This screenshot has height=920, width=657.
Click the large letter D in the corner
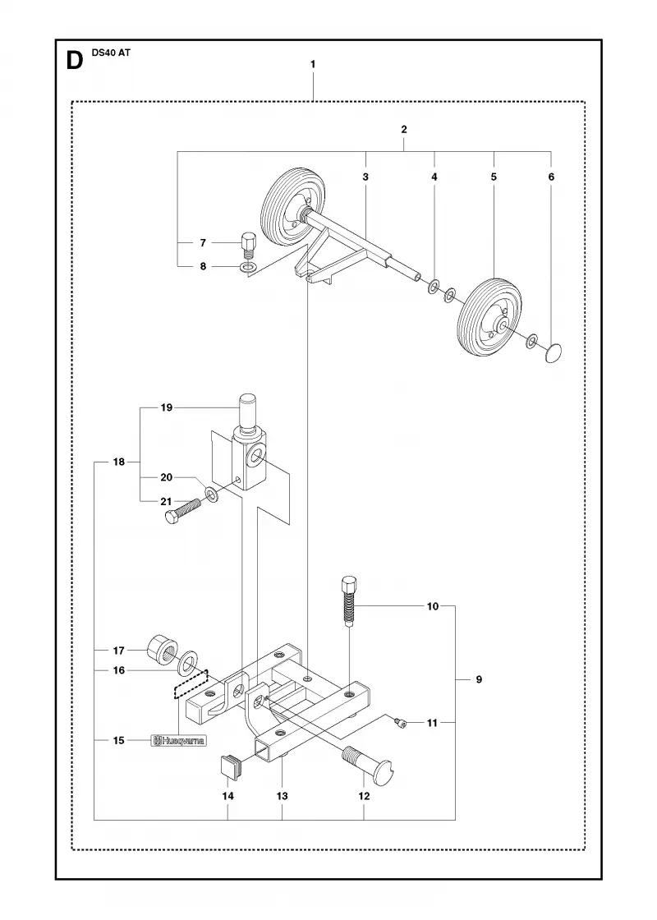[75, 61]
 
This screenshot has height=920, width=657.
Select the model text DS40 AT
[111, 53]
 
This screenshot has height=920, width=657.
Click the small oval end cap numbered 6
[554, 354]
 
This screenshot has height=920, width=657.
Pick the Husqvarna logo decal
[179, 741]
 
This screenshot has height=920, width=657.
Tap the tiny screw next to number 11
[401, 724]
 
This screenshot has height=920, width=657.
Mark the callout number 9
[479, 679]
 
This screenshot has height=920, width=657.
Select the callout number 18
[119, 462]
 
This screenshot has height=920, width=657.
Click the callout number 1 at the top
[313, 64]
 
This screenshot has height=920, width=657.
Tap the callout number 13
[283, 796]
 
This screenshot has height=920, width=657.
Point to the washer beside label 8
[248, 268]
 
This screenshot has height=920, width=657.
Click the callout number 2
[404, 129]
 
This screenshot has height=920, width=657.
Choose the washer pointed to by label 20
[211, 494]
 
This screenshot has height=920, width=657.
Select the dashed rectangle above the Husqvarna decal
[191, 684]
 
